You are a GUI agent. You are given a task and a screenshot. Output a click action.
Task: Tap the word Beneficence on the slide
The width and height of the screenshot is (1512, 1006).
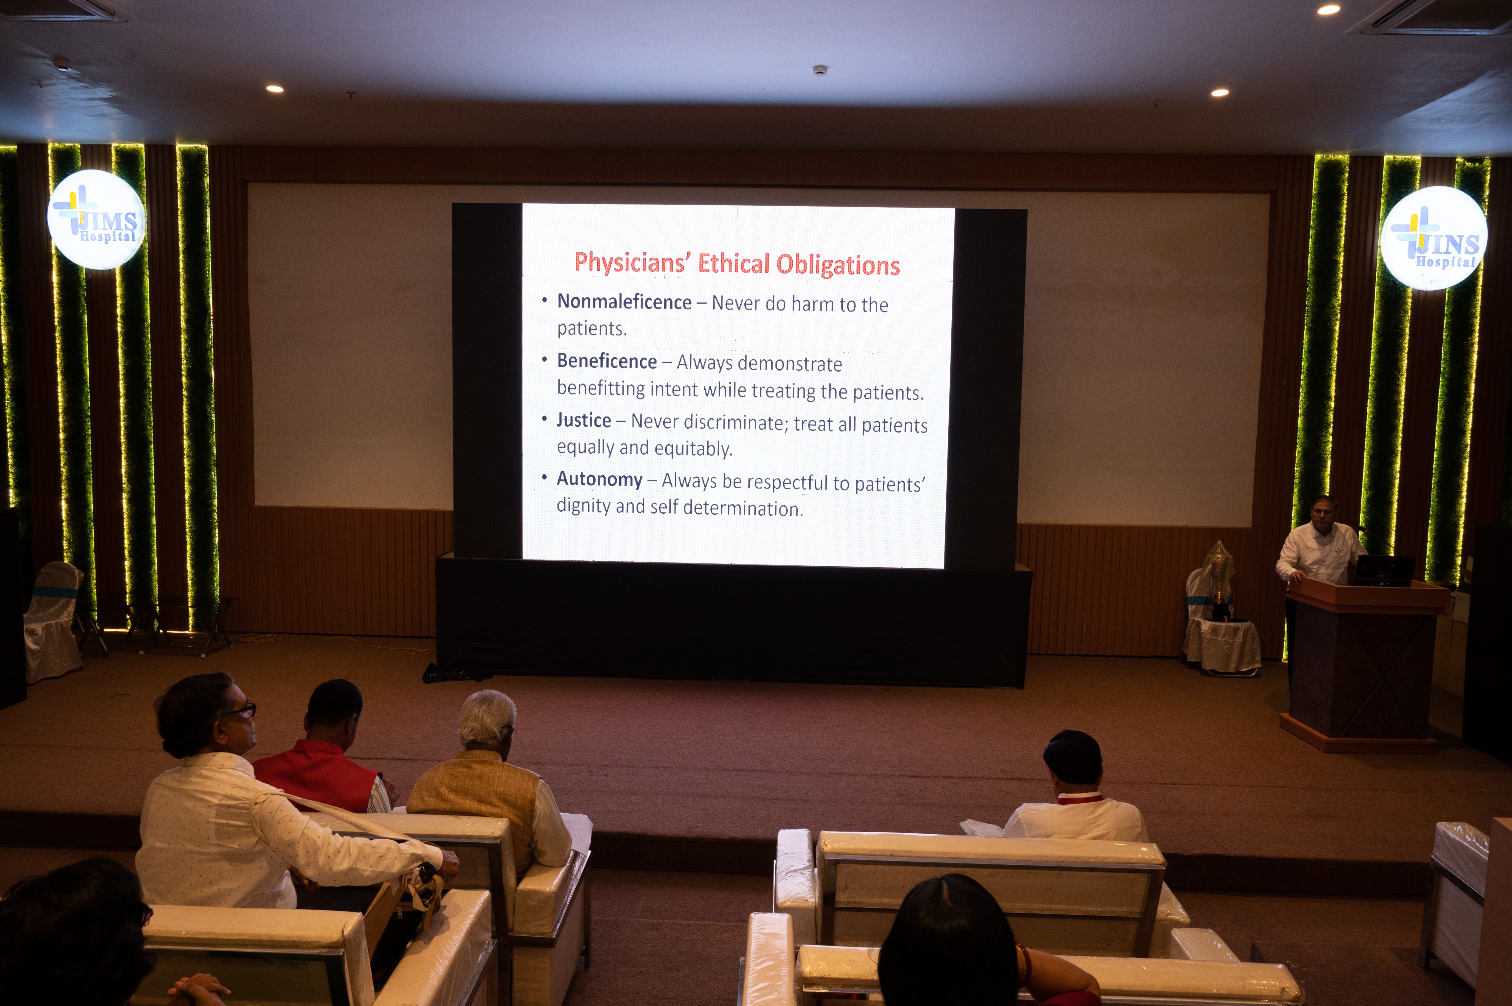coord(607,361)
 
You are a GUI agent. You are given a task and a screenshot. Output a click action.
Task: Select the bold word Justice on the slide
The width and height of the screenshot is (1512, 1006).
coord(584,420)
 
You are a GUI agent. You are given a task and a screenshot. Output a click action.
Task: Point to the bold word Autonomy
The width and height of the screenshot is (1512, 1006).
coord(599,479)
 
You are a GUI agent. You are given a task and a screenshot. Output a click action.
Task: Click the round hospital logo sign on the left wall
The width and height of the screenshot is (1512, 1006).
coord(96,219)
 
